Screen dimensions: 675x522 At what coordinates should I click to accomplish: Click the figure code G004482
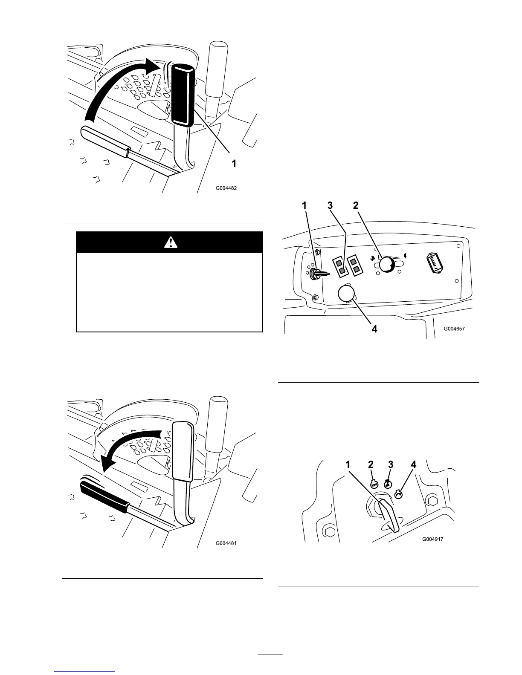[x=226, y=187]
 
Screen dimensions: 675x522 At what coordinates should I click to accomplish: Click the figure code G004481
[x=226, y=543]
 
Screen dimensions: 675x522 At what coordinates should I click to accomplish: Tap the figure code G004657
[x=454, y=329]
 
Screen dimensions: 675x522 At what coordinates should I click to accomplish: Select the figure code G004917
[x=433, y=539]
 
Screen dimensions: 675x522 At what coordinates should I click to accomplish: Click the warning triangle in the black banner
[x=170, y=242]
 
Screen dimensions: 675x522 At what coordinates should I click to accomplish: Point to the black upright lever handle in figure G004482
[x=183, y=95]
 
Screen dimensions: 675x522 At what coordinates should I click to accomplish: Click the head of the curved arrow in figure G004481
[x=107, y=464]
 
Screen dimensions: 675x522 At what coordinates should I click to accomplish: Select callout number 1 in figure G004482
[x=234, y=163]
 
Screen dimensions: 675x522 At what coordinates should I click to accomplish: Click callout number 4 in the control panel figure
[x=374, y=329]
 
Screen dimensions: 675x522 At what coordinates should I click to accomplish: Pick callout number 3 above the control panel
[x=330, y=205]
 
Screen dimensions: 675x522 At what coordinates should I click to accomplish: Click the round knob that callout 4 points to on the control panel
[x=346, y=294]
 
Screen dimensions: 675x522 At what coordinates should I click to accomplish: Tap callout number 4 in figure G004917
[x=413, y=465]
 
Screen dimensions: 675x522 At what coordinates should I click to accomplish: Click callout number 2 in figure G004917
[x=371, y=465]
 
